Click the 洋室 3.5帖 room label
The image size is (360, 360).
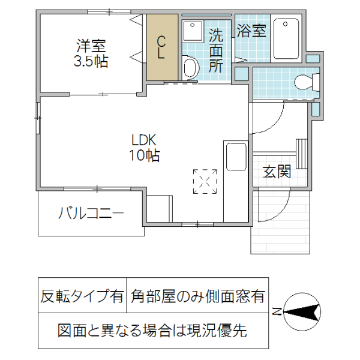91,53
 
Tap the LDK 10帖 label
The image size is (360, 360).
145,148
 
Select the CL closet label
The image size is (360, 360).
161,47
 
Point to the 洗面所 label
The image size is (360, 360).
215,50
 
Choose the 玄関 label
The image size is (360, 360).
278,172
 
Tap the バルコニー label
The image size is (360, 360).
91,214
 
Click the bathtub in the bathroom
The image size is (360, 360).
286,39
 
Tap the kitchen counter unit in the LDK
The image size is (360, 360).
235,180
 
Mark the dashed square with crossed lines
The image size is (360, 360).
205,181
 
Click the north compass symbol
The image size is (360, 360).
302,311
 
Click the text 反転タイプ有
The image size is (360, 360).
82,296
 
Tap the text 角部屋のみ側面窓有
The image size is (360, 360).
197,296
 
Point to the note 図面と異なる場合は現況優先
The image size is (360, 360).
152,329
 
